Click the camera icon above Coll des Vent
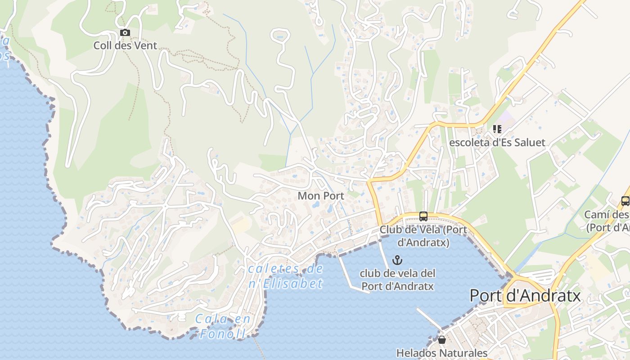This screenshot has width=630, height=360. [x=125, y=32]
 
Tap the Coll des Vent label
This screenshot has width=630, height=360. [x=125, y=45]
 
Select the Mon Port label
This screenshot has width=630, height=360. [x=321, y=196]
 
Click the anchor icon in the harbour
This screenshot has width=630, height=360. [x=397, y=260]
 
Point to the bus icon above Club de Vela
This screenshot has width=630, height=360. [x=423, y=216]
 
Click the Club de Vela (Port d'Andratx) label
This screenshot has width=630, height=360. [x=423, y=236]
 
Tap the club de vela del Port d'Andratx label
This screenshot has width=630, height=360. [x=398, y=279]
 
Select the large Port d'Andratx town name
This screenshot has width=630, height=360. [x=525, y=296]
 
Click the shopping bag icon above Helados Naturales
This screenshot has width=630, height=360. [x=441, y=340]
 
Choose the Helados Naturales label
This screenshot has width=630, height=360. [x=441, y=353]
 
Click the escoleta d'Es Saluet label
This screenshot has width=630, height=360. [x=497, y=143]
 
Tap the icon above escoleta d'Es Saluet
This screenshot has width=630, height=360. [x=497, y=129]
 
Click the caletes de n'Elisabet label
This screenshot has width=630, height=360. [x=286, y=276]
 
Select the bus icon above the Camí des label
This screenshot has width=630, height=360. [x=625, y=201]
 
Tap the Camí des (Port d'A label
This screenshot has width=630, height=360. [x=607, y=221]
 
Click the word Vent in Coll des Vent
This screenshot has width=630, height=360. [x=146, y=45]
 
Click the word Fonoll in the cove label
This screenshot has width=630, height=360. [x=223, y=334]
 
